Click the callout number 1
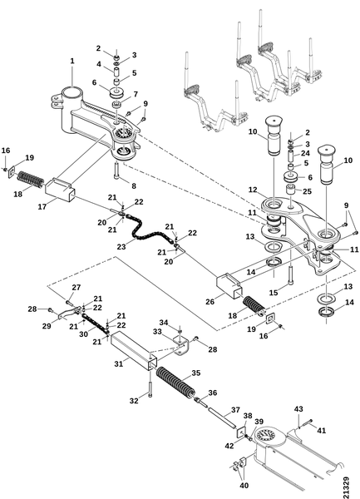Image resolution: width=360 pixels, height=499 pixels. pyautogui.click(x=72, y=61)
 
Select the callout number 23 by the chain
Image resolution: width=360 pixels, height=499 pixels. pyautogui.click(x=121, y=247)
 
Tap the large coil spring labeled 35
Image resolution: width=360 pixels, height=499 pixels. pyautogui.click(x=176, y=383)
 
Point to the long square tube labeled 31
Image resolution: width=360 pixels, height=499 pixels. pyautogui.click(x=134, y=351)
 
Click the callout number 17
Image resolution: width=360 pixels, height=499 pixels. pyautogui.click(x=42, y=207)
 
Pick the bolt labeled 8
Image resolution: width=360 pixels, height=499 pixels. pyautogui.click(x=116, y=170)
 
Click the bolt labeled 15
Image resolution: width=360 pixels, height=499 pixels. pyautogui.click(x=291, y=275)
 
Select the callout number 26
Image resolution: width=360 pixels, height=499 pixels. pyautogui.click(x=210, y=301)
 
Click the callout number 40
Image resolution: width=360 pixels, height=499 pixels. pyautogui.click(x=244, y=486)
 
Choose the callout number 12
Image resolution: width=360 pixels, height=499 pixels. pyautogui.click(x=253, y=190)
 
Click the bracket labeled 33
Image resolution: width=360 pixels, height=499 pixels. pyautogui.click(x=180, y=345)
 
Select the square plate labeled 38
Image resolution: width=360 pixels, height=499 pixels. pyautogui.click(x=241, y=432)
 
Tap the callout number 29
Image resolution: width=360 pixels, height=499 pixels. pyautogui.click(x=47, y=326)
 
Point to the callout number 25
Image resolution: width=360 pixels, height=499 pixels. pyautogui.click(x=308, y=191)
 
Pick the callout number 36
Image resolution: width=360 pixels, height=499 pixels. pyautogui.click(x=213, y=393)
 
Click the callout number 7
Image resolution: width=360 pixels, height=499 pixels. pyautogui.click(x=136, y=94)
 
